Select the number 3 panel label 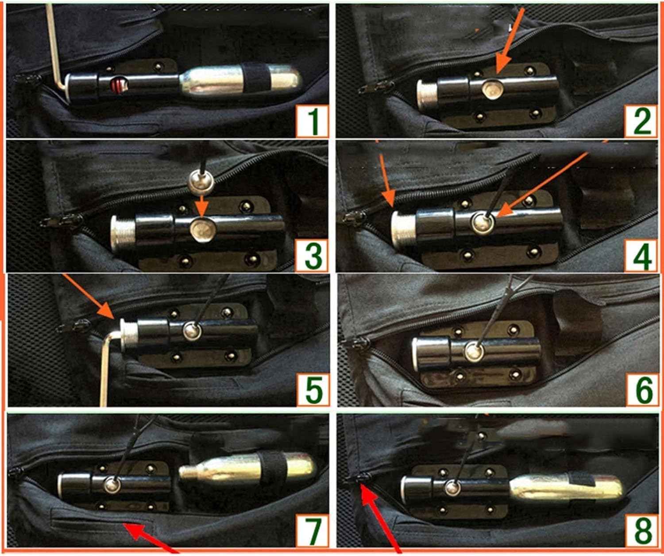[313, 256]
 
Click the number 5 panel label [313, 390]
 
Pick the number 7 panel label [313, 530]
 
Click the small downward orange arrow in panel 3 [201, 205]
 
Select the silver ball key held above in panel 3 [200, 180]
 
